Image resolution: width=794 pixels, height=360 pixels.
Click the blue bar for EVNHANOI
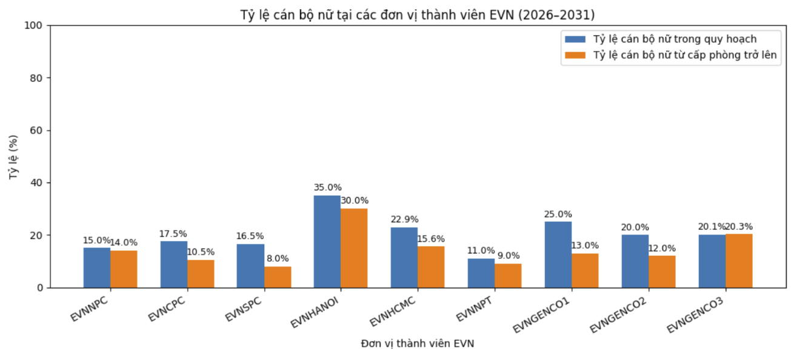pyautogui.click(x=327, y=241)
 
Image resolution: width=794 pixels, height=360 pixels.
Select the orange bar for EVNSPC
pyautogui.click(x=278, y=277)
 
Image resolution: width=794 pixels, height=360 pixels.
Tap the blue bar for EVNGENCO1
pyautogui.click(x=558, y=255)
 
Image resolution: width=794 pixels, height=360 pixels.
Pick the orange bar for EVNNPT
pyautogui.click(x=508, y=276)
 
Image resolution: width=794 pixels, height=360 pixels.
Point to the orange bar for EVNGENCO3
pyautogui.click(x=739, y=261)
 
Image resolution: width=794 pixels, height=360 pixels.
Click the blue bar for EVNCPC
pyautogui.click(x=174, y=264)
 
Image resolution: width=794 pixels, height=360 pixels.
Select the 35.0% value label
pyautogui.click(x=327, y=188)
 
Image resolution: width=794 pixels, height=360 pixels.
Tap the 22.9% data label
pyautogui.click(x=404, y=219)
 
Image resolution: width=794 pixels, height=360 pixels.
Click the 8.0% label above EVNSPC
pyautogui.click(x=278, y=259)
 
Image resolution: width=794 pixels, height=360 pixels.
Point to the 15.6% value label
pyautogui.click(x=431, y=239)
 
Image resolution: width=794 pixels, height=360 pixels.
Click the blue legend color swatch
pyautogui.click(x=575, y=39)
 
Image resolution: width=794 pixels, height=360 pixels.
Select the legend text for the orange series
pyautogui.click(x=685, y=55)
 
